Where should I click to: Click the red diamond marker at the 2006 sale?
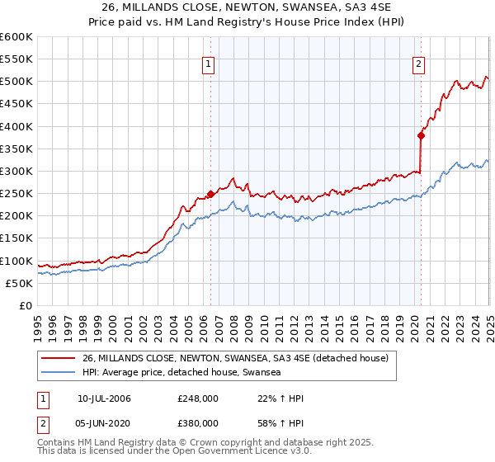(x=210, y=194)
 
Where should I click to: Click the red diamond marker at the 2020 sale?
(x=421, y=136)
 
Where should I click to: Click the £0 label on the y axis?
(x=25, y=305)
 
